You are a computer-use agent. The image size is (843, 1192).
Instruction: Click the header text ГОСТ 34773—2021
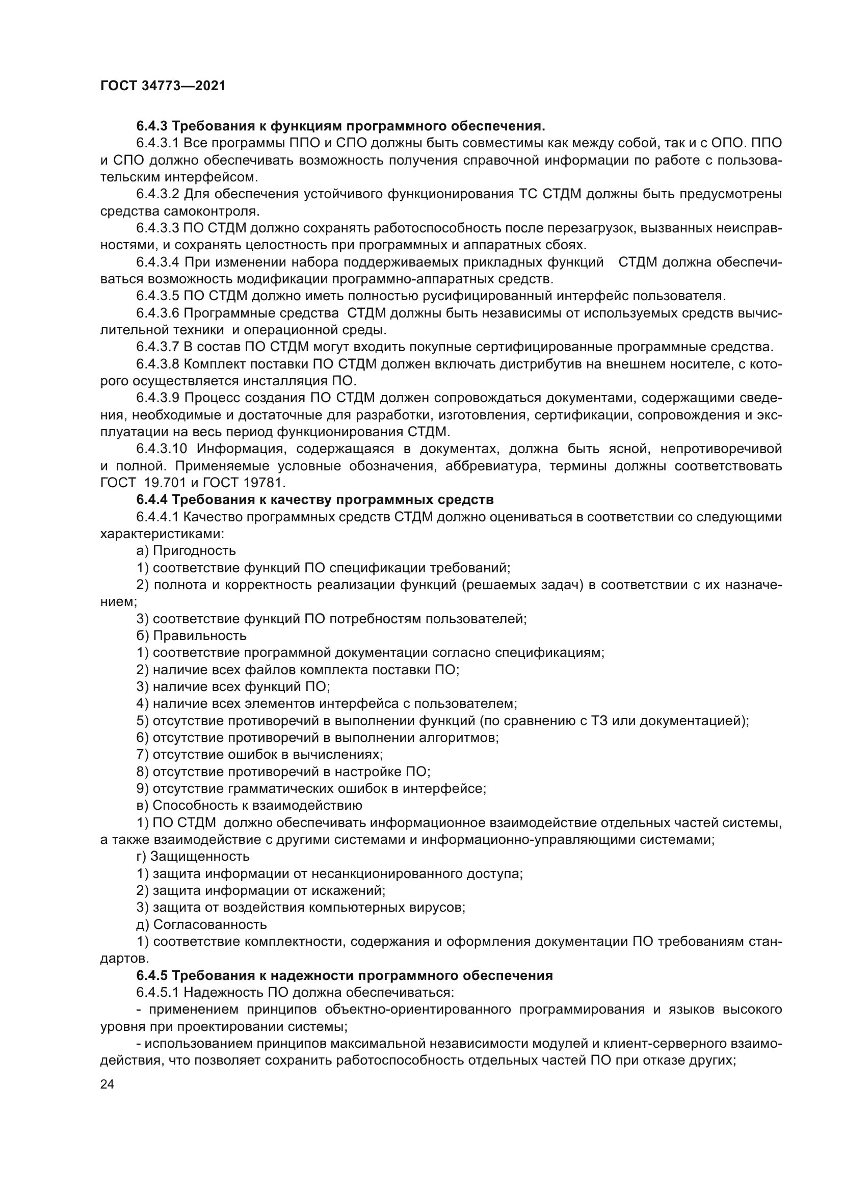click(x=163, y=86)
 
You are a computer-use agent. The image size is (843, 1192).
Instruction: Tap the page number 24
click(x=108, y=1084)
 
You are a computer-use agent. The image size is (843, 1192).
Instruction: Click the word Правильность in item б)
click(x=200, y=636)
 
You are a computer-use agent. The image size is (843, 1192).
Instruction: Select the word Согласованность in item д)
click(x=210, y=924)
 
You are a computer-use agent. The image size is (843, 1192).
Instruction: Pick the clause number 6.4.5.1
click(x=158, y=993)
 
